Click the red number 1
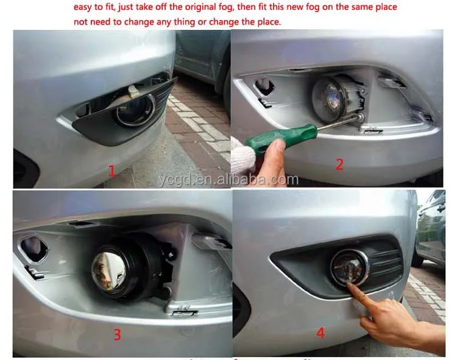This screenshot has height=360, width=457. (x=112, y=171)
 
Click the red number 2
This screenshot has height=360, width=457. (x=339, y=164)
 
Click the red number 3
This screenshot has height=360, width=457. (x=117, y=334)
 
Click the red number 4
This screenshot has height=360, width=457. (x=321, y=333)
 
